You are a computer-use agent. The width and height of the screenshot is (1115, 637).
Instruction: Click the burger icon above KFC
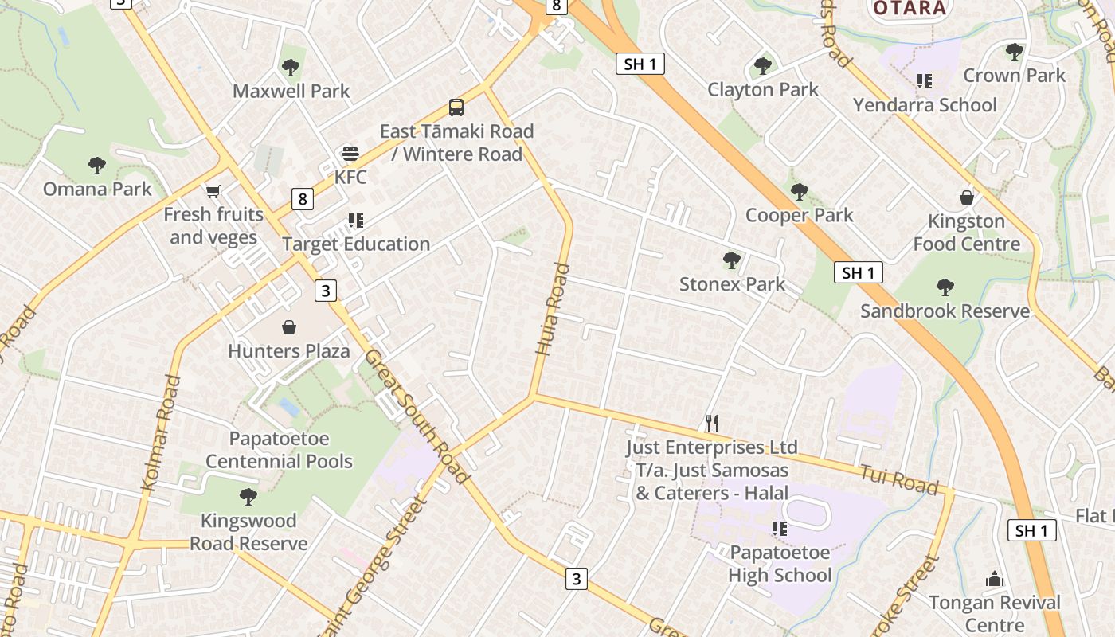pyautogui.click(x=350, y=153)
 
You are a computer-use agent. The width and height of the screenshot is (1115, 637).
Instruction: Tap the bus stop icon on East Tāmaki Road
pyautogui.click(x=456, y=107)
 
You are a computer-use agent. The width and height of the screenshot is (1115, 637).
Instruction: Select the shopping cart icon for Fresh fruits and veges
pyautogui.click(x=213, y=191)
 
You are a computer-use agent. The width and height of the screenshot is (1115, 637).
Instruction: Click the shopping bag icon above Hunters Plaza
pyautogui.click(x=289, y=327)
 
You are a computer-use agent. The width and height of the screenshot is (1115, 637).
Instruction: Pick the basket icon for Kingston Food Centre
pyautogui.click(x=967, y=197)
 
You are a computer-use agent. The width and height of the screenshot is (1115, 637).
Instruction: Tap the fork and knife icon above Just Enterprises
pyautogui.click(x=712, y=424)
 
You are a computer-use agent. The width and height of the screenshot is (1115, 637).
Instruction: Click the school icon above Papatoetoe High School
pyautogui.click(x=780, y=529)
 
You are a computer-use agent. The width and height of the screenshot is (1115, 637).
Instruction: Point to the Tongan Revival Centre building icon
pyautogui.click(x=994, y=579)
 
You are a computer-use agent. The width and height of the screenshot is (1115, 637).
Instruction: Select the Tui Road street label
pyautogui.click(x=898, y=479)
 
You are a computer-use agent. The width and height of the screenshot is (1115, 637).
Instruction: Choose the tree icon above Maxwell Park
pyautogui.click(x=291, y=68)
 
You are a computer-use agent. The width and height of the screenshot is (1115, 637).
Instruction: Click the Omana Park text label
pyautogui.click(x=97, y=189)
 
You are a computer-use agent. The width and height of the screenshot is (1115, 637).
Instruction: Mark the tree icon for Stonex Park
pyautogui.click(x=731, y=260)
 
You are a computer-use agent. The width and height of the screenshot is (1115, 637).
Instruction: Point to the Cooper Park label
pyautogui.click(x=799, y=215)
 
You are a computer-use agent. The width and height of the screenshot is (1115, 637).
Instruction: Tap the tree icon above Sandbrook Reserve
pyautogui.click(x=945, y=287)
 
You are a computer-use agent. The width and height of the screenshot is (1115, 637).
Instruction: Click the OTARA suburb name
pyautogui.click(x=910, y=9)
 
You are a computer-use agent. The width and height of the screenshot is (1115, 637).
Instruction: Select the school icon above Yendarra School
pyautogui.click(x=924, y=81)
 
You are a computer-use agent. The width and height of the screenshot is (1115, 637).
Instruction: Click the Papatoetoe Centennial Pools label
pyautogui.click(x=279, y=450)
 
